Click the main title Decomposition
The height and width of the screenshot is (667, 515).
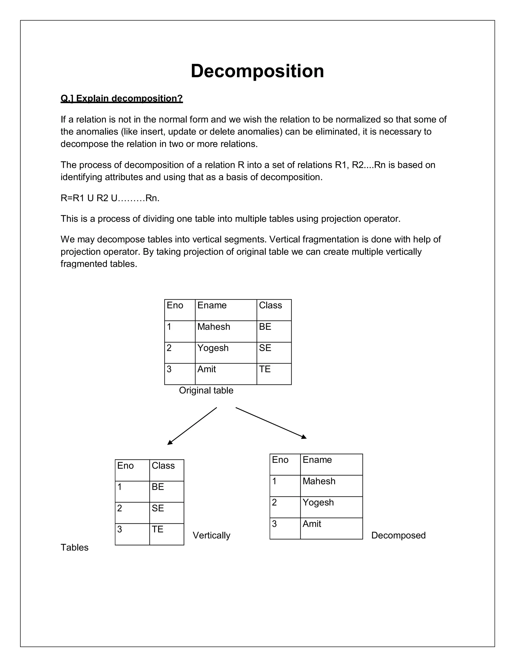click(x=257, y=71)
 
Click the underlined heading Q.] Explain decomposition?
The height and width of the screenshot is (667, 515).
click(x=121, y=98)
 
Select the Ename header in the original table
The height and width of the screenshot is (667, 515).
click(x=212, y=305)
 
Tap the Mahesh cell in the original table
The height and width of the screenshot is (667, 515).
click(x=213, y=327)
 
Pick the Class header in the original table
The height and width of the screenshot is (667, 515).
click(x=270, y=305)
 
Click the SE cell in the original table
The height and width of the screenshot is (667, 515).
click(x=265, y=348)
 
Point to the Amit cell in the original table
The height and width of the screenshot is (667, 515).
click(x=206, y=369)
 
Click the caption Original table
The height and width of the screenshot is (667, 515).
click(x=206, y=391)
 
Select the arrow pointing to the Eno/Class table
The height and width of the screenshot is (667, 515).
click(x=192, y=426)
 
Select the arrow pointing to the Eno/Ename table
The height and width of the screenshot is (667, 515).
click(x=271, y=423)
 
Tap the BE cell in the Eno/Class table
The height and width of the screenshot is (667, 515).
click(x=158, y=487)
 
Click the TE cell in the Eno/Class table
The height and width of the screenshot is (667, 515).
click(x=157, y=529)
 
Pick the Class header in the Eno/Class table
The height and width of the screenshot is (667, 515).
click(x=163, y=466)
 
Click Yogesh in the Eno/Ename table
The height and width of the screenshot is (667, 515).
click(x=318, y=502)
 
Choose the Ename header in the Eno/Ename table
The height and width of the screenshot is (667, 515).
click(x=317, y=460)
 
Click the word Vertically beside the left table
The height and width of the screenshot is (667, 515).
click(x=211, y=535)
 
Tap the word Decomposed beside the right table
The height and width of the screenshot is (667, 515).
click(x=398, y=535)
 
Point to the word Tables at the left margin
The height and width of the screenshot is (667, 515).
click(x=74, y=548)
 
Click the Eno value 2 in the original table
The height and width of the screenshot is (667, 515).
click(x=169, y=348)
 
